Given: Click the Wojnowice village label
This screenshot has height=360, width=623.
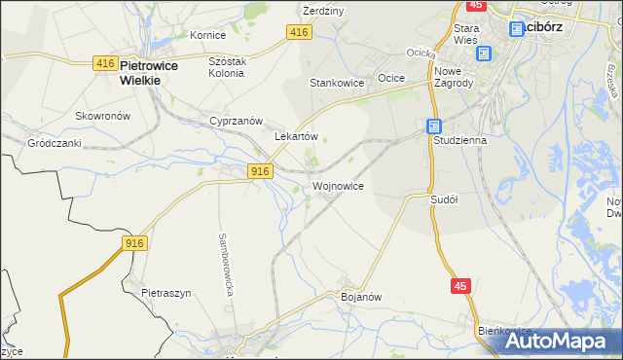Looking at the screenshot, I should tap(338, 186).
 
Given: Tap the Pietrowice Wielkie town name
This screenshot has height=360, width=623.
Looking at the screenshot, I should tap(139, 73).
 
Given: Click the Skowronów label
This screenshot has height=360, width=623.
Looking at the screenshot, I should tap(102, 115).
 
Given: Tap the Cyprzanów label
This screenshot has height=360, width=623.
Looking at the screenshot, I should tap(237, 121).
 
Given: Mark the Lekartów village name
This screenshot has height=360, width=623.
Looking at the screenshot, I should tap(297, 137).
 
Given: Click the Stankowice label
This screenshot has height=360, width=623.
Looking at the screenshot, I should tap(337, 83).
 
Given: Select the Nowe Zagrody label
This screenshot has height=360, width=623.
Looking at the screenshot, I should tap(454, 78).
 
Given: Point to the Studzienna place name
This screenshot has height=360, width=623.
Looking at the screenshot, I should tap(459, 140).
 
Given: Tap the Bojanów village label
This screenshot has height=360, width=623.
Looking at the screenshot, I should tap(359, 296).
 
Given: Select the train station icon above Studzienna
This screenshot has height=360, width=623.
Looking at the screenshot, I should tap(434, 126).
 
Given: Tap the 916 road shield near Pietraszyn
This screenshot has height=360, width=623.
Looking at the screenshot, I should tap(135, 242).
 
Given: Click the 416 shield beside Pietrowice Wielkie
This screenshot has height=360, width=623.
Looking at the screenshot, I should tap(105, 63).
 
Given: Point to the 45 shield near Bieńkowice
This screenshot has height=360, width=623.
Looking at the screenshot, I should tap(462, 286).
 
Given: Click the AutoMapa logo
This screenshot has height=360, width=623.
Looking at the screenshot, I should tap(563, 341).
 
